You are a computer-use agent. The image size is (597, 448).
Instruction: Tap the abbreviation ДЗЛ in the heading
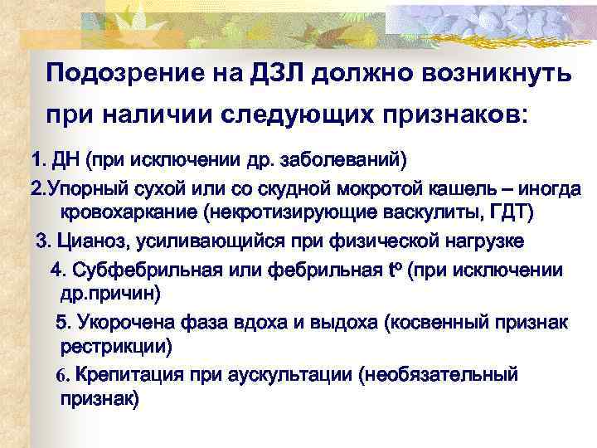coord(278,74)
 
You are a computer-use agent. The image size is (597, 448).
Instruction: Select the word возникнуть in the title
coord(493,74)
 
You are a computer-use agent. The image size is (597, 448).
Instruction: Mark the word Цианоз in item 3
coord(87,241)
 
